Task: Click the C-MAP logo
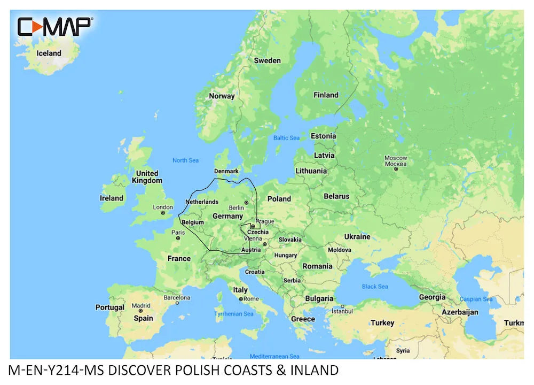(x=55, y=26)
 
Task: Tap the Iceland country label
(x=49, y=53)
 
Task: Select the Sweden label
(x=267, y=60)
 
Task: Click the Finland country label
(x=326, y=95)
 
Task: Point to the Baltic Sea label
(x=287, y=138)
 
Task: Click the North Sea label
(x=185, y=160)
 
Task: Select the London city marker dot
(x=163, y=213)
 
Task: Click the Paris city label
(x=178, y=232)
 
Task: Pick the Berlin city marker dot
(x=246, y=203)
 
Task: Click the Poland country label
(x=279, y=199)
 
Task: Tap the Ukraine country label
(x=357, y=236)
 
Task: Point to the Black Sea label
(x=375, y=287)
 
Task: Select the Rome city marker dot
(x=241, y=299)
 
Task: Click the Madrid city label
(x=141, y=306)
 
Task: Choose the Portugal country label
(x=109, y=307)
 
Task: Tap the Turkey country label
(x=382, y=322)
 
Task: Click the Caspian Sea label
(x=478, y=299)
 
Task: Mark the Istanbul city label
(x=343, y=311)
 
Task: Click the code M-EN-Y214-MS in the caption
(x=57, y=370)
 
